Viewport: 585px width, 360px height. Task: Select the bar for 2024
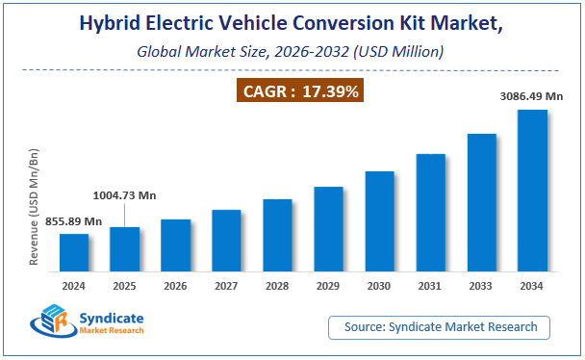coord(74,252)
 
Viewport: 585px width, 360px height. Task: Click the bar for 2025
coord(125,249)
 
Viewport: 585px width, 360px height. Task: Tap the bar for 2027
coord(226,241)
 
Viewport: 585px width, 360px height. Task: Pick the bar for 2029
coord(328,229)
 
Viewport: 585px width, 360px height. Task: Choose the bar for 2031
coord(430,213)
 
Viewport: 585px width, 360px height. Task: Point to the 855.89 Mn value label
coord(74,222)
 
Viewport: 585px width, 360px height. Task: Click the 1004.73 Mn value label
coord(124,195)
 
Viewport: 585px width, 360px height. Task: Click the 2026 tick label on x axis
coord(176,286)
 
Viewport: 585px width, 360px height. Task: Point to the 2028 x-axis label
coord(277,286)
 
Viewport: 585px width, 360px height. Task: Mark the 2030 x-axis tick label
coord(379,286)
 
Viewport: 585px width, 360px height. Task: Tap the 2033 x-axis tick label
coord(481,286)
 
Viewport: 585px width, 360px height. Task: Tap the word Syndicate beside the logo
coord(109,317)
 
